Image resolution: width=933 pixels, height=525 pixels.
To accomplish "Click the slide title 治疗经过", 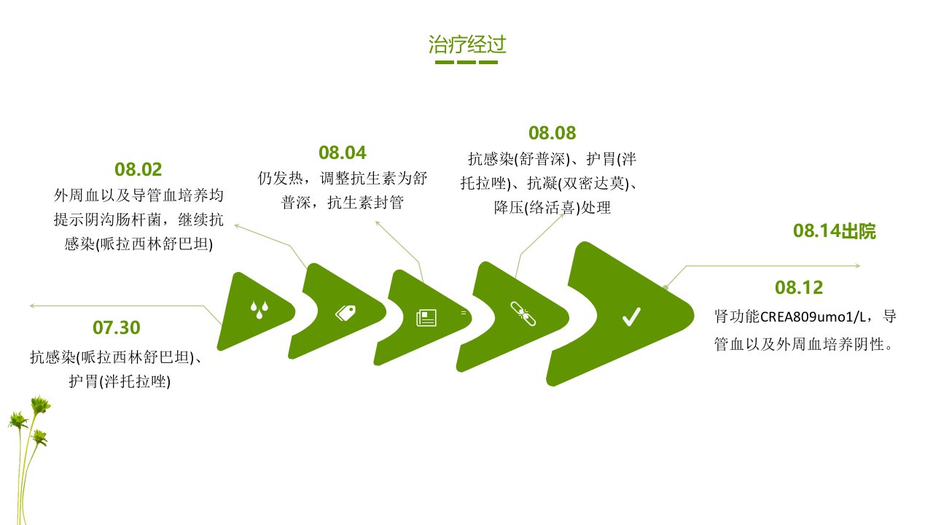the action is [467, 44].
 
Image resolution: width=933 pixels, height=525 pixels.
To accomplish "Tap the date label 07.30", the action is [117, 327].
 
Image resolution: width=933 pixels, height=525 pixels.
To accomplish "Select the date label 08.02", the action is [138, 169].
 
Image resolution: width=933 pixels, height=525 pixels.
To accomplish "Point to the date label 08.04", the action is [343, 152].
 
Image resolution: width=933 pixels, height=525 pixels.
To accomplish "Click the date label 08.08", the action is [553, 133].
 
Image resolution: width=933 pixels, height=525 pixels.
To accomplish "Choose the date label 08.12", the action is [799, 287].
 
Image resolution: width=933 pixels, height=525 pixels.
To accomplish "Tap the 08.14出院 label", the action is [835, 231].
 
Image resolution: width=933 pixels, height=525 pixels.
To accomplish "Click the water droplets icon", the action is [259, 310].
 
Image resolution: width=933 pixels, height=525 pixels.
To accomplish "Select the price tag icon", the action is [346, 313].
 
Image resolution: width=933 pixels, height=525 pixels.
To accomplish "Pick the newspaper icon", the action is [426, 317].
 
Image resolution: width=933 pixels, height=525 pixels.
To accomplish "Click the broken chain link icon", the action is [523, 314].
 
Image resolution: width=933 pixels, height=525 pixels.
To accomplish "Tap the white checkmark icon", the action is [631, 316].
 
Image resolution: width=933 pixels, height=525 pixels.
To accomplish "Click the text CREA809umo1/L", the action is [813, 317].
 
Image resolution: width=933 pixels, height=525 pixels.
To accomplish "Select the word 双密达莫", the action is [593, 183].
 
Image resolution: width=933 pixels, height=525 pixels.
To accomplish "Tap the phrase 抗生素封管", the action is [366, 203].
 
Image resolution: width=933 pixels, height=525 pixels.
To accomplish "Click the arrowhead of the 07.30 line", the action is [31, 306].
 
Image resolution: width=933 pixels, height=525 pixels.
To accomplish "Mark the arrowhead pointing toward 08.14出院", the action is [858, 265].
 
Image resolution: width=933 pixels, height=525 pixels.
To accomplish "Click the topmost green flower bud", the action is [40, 404].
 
